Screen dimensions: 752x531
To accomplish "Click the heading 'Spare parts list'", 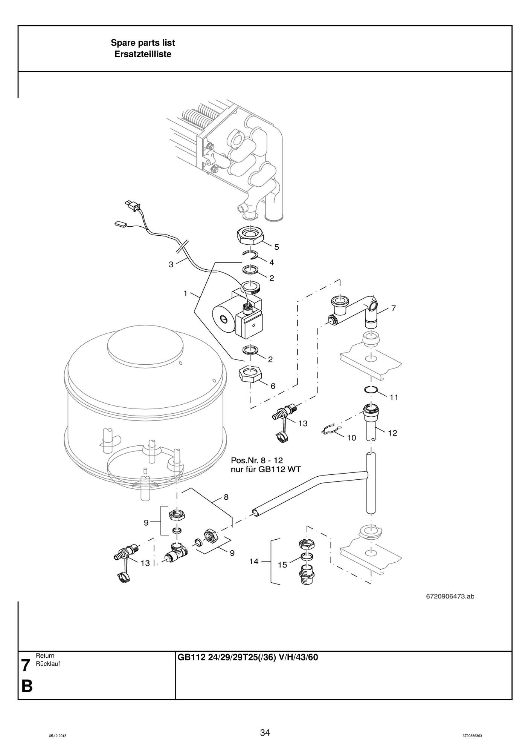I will point(143,43).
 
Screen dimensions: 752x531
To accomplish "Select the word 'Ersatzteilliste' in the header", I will point(143,54).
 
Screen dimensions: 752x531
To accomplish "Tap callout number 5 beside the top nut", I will point(277,247).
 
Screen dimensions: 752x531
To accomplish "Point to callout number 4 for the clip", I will point(272,262).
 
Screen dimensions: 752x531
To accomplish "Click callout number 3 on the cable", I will point(171,265).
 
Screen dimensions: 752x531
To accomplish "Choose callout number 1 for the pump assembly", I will point(185,293).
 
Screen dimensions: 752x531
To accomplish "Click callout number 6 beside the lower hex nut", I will point(273,386).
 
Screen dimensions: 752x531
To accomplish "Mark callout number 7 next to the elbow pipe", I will point(394,308).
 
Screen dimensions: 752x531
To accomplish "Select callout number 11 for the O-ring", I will point(394,397).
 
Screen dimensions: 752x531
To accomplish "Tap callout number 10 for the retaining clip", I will point(351,438).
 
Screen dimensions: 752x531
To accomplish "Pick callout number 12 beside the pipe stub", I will point(392,433).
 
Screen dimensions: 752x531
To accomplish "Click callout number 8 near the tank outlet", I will point(226,497).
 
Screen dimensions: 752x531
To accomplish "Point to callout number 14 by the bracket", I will point(254,562).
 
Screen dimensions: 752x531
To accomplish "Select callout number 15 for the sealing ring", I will point(282,565).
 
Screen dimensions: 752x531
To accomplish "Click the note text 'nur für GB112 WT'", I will point(266,470).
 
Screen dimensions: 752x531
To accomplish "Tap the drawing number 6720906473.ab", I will point(450,596).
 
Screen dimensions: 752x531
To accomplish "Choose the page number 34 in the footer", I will point(265,733).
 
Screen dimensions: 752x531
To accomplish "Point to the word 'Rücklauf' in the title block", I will point(48,664).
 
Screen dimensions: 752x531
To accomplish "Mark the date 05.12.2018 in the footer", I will point(58,736).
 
